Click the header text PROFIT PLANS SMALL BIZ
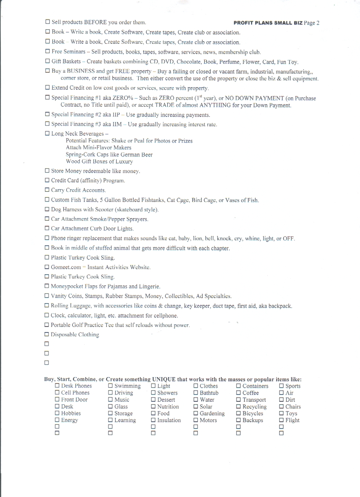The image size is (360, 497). point(268,23)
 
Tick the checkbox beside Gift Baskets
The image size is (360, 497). point(47,61)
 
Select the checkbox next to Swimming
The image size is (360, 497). point(111,386)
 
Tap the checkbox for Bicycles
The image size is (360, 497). point(239,413)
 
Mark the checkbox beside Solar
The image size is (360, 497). point(196,406)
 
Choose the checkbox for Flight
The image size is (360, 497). point(281,420)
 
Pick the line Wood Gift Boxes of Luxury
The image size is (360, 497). point(99,162)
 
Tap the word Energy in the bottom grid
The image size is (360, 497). point(69,420)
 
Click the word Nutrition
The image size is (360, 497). point(168,406)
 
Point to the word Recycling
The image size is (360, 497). point(254,406)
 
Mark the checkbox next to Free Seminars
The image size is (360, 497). point(47,51)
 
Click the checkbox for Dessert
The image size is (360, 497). point(154,400)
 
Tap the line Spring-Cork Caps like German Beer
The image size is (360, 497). point(109,155)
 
